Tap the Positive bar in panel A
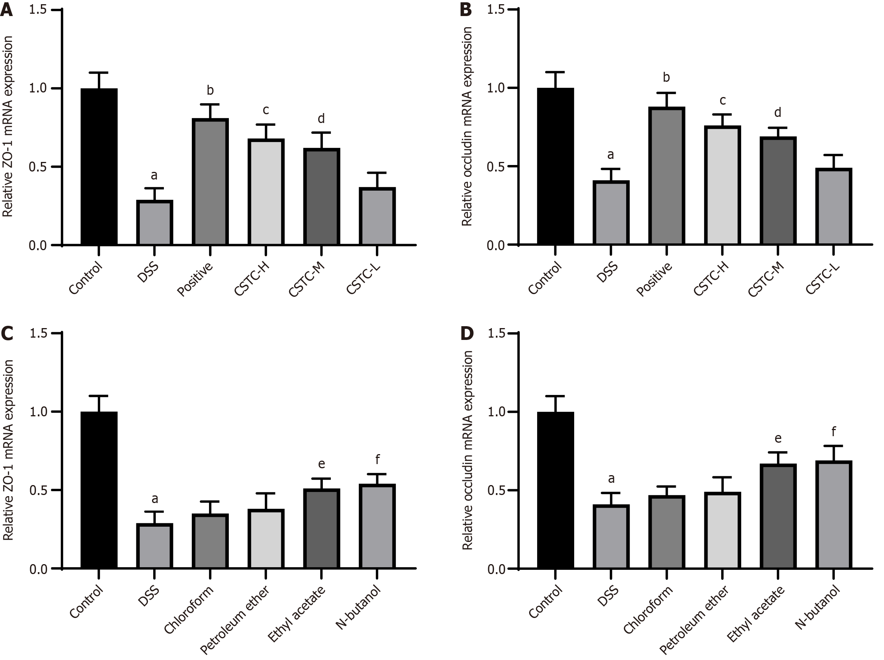(x=210, y=182)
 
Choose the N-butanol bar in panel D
(x=834, y=514)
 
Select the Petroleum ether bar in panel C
(x=266, y=539)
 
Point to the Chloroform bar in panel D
(x=667, y=532)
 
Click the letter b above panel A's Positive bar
(x=210, y=90)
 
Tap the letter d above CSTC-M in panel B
(x=778, y=113)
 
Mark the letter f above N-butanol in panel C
(x=377, y=461)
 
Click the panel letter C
(x=7, y=333)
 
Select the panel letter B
(x=466, y=10)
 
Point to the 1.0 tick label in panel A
(x=37, y=88)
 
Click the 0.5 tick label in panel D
(x=496, y=490)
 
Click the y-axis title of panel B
(x=467, y=126)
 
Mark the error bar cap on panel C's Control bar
(x=99, y=396)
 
